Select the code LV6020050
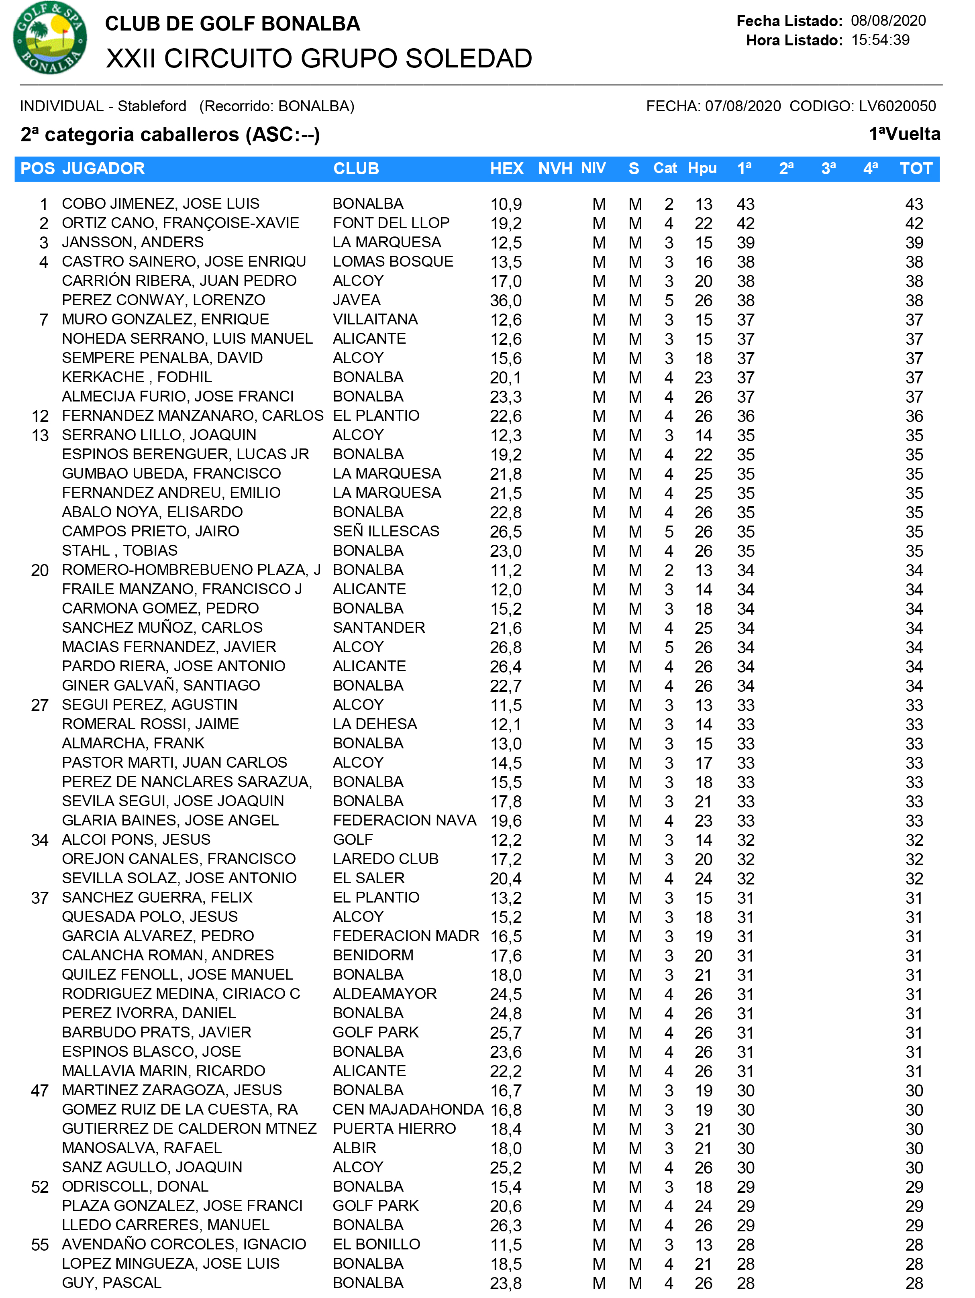[x=897, y=106]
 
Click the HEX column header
[x=507, y=169]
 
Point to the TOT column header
[x=915, y=169]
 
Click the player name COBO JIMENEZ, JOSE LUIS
[x=160, y=204]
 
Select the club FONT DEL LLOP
[x=391, y=223]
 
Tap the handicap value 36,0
[x=506, y=300]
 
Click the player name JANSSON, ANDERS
[x=133, y=242]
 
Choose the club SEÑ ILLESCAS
[x=386, y=531]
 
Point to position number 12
[x=40, y=416]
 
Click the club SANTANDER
[x=379, y=628]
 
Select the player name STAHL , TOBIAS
[x=120, y=550]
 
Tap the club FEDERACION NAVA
[x=404, y=820]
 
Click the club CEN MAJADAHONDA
[x=408, y=1110]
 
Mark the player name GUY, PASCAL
[x=112, y=1283]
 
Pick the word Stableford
[x=152, y=106]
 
